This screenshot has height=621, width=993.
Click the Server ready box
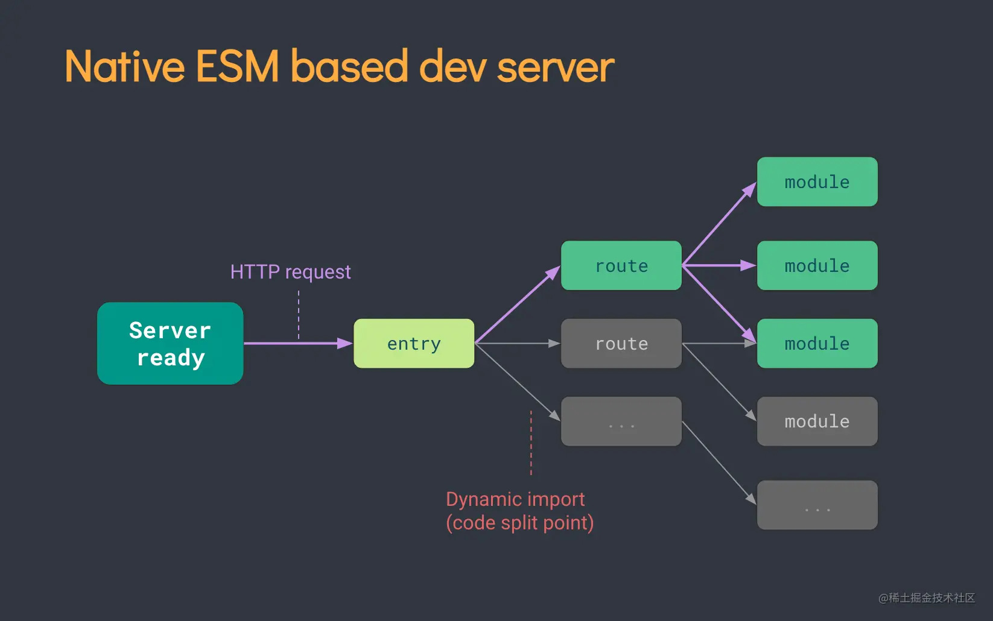tap(170, 343)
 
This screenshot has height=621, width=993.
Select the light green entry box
tap(414, 343)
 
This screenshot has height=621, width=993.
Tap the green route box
tap(621, 265)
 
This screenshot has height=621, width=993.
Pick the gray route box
tap(621, 343)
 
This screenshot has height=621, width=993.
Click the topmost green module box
tap(817, 181)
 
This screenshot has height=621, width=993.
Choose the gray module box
tap(817, 421)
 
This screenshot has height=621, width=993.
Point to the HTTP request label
tap(290, 272)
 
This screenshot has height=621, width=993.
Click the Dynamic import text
tap(515, 499)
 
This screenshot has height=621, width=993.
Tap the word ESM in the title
tap(237, 66)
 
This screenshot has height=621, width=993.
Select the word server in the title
tap(556, 68)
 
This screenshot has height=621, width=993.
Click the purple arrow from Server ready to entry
tap(296, 343)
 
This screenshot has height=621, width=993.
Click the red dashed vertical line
tap(531, 443)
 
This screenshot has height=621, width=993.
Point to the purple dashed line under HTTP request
tap(299, 315)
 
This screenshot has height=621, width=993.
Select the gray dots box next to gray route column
tap(621, 421)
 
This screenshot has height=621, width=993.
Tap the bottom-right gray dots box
tap(817, 505)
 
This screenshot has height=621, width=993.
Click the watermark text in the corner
tap(927, 597)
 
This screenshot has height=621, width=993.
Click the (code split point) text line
tap(519, 523)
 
